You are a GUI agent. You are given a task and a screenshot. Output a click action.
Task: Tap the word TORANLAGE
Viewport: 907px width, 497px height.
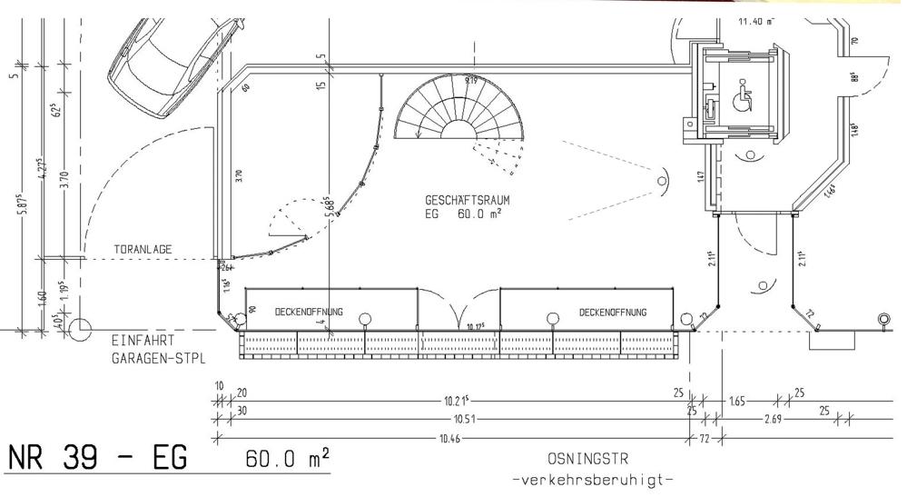(x=143, y=249)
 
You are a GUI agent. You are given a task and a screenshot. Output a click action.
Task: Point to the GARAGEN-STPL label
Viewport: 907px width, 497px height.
(x=158, y=358)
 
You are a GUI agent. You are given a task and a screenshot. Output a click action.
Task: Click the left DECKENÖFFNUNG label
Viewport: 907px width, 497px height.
(x=309, y=312)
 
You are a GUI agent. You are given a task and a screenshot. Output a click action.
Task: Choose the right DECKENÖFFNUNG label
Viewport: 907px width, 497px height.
(x=613, y=312)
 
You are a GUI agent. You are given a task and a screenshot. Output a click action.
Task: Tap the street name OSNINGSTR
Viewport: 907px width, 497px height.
(x=587, y=459)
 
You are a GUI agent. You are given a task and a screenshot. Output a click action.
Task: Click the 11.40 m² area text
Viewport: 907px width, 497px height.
(x=756, y=20)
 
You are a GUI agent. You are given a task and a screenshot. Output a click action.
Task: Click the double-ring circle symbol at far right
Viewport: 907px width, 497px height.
(x=883, y=319)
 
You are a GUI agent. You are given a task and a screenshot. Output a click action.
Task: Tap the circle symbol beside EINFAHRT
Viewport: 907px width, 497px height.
(x=80, y=328)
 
